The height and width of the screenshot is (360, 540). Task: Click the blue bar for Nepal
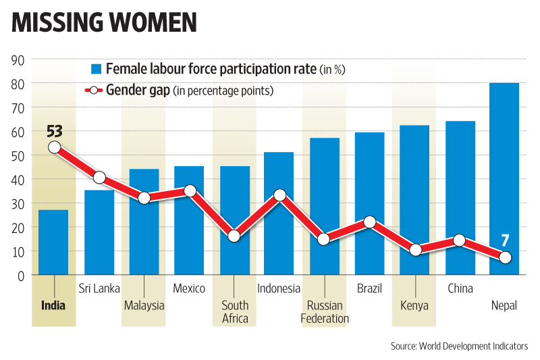504,179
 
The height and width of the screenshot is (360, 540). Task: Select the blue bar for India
53,242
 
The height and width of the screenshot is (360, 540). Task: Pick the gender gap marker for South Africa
234,236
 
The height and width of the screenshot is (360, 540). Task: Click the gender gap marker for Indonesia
279,195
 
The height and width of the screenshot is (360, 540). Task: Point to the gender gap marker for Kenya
415,250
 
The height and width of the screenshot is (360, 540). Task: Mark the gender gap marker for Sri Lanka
99,178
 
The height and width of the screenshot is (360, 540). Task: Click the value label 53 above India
55,130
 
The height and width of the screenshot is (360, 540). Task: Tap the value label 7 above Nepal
505,239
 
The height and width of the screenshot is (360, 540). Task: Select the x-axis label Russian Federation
325,311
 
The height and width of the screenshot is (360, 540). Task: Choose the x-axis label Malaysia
144,305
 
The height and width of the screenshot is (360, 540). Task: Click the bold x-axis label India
53,305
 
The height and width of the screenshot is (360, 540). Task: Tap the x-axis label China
460,289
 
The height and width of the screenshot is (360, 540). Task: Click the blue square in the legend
96,69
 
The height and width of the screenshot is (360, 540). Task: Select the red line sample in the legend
94,91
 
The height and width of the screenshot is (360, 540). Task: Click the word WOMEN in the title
148,22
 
